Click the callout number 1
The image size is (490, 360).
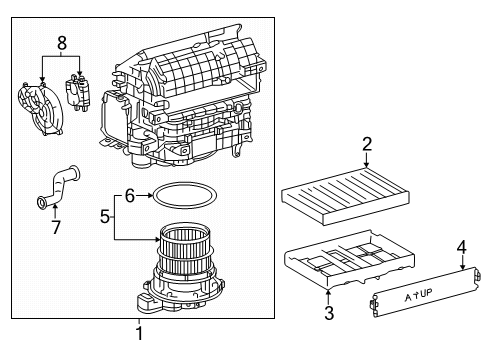[139, 333]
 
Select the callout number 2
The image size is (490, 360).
[367, 143]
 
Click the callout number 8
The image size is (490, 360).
[62, 42]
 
